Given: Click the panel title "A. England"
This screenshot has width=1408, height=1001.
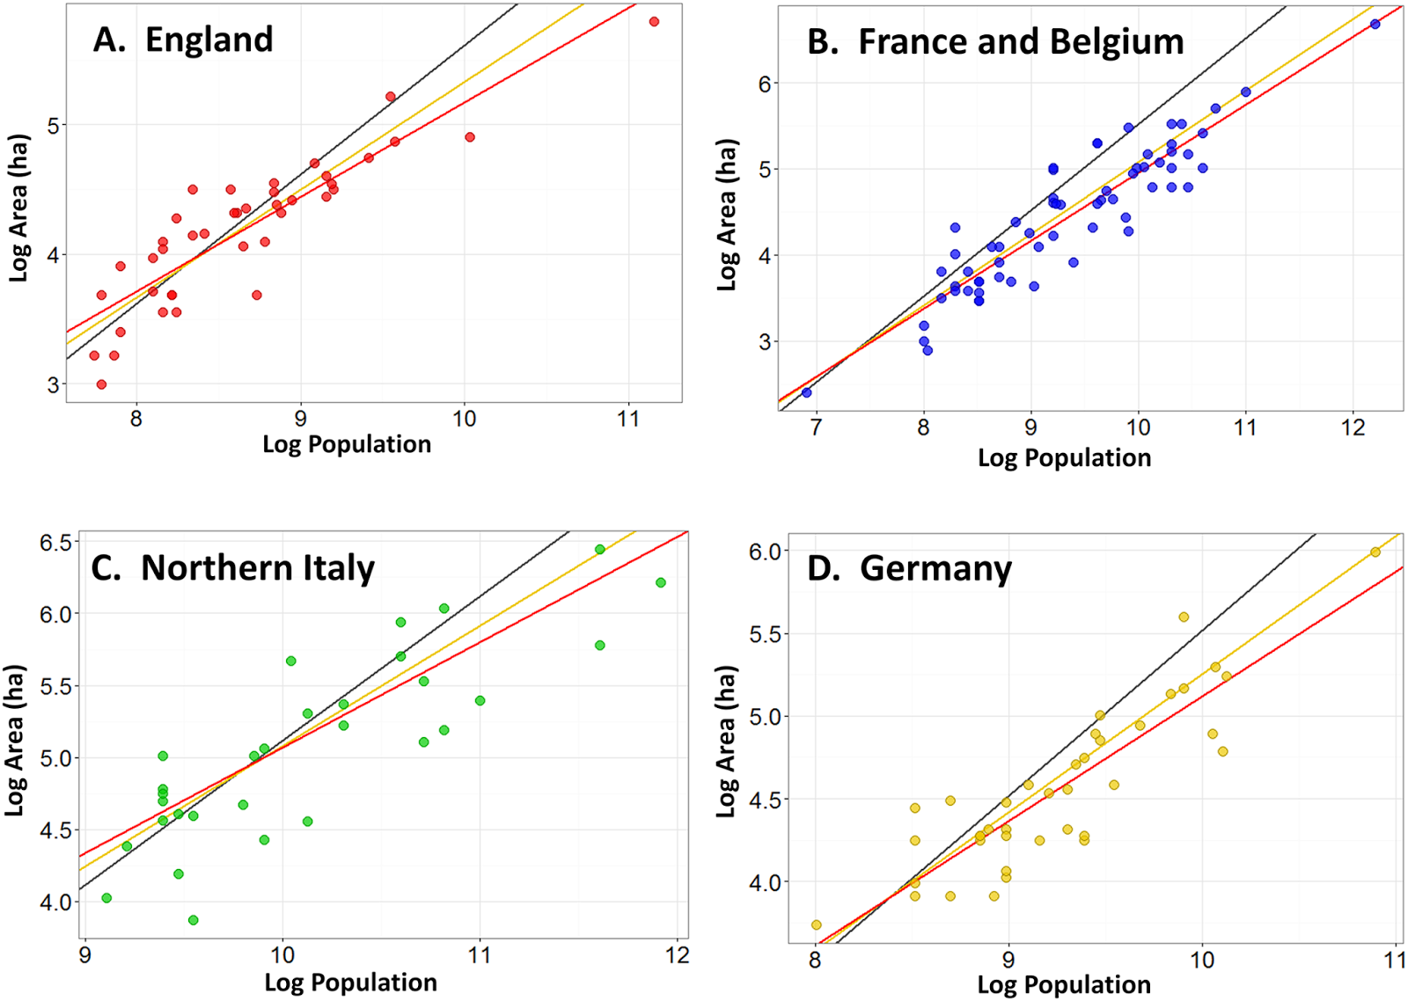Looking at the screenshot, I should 183,40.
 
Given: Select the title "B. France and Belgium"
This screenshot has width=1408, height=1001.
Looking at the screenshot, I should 995,42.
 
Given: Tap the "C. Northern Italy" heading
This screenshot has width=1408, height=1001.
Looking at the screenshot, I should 233,568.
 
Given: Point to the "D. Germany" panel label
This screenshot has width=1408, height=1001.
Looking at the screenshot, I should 909,568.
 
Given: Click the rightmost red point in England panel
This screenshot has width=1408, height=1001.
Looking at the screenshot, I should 654,21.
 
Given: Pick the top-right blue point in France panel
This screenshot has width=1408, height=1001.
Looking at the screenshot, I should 1375,24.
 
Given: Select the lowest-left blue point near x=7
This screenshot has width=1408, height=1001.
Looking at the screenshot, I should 807,392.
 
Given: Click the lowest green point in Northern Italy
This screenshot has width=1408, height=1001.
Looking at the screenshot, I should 193,920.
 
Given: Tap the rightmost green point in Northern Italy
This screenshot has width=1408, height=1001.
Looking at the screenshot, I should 661,582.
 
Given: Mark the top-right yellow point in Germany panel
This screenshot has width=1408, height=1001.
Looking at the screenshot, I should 1375,552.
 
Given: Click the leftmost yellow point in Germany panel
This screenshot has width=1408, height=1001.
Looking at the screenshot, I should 817,924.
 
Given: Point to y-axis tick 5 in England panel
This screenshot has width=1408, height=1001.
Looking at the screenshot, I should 53,126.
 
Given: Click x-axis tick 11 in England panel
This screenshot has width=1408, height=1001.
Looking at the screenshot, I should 627,420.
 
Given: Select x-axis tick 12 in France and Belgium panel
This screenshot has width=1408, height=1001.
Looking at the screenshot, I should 1353,428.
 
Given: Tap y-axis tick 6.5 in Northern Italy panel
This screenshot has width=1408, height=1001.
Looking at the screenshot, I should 55,543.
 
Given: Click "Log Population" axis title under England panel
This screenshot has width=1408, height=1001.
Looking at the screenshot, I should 347,444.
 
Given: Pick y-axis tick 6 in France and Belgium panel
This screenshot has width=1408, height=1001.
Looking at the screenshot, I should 765,84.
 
